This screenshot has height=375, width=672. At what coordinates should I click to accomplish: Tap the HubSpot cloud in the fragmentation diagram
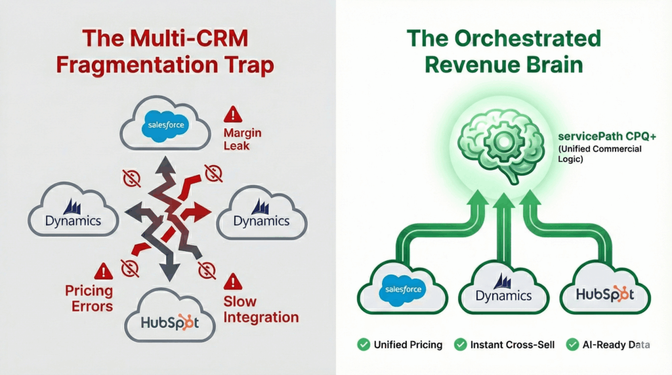[169, 321]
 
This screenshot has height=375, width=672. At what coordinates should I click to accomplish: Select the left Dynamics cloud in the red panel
[73, 212]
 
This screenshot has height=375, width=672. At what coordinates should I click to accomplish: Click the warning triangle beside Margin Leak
[232, 115]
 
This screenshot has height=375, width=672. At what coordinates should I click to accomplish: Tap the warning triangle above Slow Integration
[232, 283]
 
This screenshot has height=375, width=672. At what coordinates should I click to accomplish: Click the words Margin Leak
[242, 139]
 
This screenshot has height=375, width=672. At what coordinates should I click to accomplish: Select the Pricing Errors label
[89, 298]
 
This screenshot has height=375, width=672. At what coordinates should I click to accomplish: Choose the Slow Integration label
[261, 309]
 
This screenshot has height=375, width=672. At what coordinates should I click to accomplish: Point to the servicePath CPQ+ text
[598, 137]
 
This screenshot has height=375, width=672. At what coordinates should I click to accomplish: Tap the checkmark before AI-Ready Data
[572, 344]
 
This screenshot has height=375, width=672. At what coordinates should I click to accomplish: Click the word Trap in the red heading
[251, 66]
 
